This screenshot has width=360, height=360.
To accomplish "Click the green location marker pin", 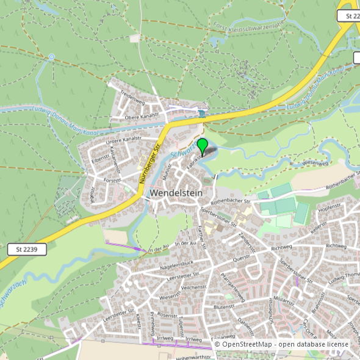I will pos(202,146).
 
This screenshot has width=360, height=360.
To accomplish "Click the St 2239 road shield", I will pos(27,249).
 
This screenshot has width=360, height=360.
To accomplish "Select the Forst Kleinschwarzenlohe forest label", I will pos(249,26).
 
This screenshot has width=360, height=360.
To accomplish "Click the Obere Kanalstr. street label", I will pos(142,116).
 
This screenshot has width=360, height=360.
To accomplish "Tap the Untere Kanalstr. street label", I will pos(124,140).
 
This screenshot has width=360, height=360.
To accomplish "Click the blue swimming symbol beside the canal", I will pos(203,113).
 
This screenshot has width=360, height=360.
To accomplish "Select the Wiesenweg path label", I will pos(315,163).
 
